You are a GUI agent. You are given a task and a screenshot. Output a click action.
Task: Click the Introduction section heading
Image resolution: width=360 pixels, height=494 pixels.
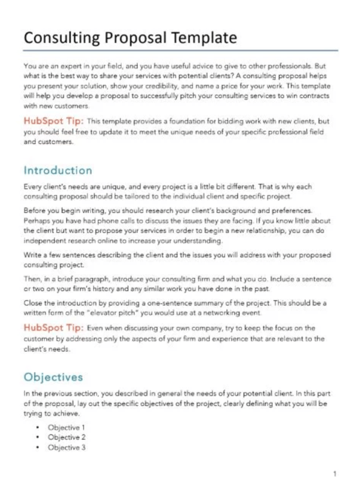pos(57,171)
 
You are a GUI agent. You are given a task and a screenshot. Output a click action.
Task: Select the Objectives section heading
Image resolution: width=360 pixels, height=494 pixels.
pos(52,378)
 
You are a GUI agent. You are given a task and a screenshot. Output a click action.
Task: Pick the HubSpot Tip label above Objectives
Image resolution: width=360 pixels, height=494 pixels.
pos(53,328)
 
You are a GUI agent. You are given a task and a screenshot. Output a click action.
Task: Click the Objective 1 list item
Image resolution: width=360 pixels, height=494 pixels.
pos(66,427)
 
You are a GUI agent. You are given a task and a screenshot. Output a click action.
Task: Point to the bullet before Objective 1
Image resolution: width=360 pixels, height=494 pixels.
pos(38,427)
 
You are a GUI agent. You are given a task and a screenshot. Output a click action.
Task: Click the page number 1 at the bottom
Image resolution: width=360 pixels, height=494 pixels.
pos(334,474)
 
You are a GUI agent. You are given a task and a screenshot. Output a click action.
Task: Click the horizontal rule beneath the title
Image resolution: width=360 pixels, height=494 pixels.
pos(180,52)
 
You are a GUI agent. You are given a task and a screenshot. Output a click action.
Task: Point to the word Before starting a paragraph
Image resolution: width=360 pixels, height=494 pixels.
pos(33,212)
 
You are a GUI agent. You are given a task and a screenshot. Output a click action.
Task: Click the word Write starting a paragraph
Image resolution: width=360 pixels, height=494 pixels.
pos(31,254)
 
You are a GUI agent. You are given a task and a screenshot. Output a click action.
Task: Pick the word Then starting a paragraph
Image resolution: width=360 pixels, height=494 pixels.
pos(31,278)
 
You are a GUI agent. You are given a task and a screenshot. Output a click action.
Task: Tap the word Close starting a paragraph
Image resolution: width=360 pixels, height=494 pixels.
pos(32,303)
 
